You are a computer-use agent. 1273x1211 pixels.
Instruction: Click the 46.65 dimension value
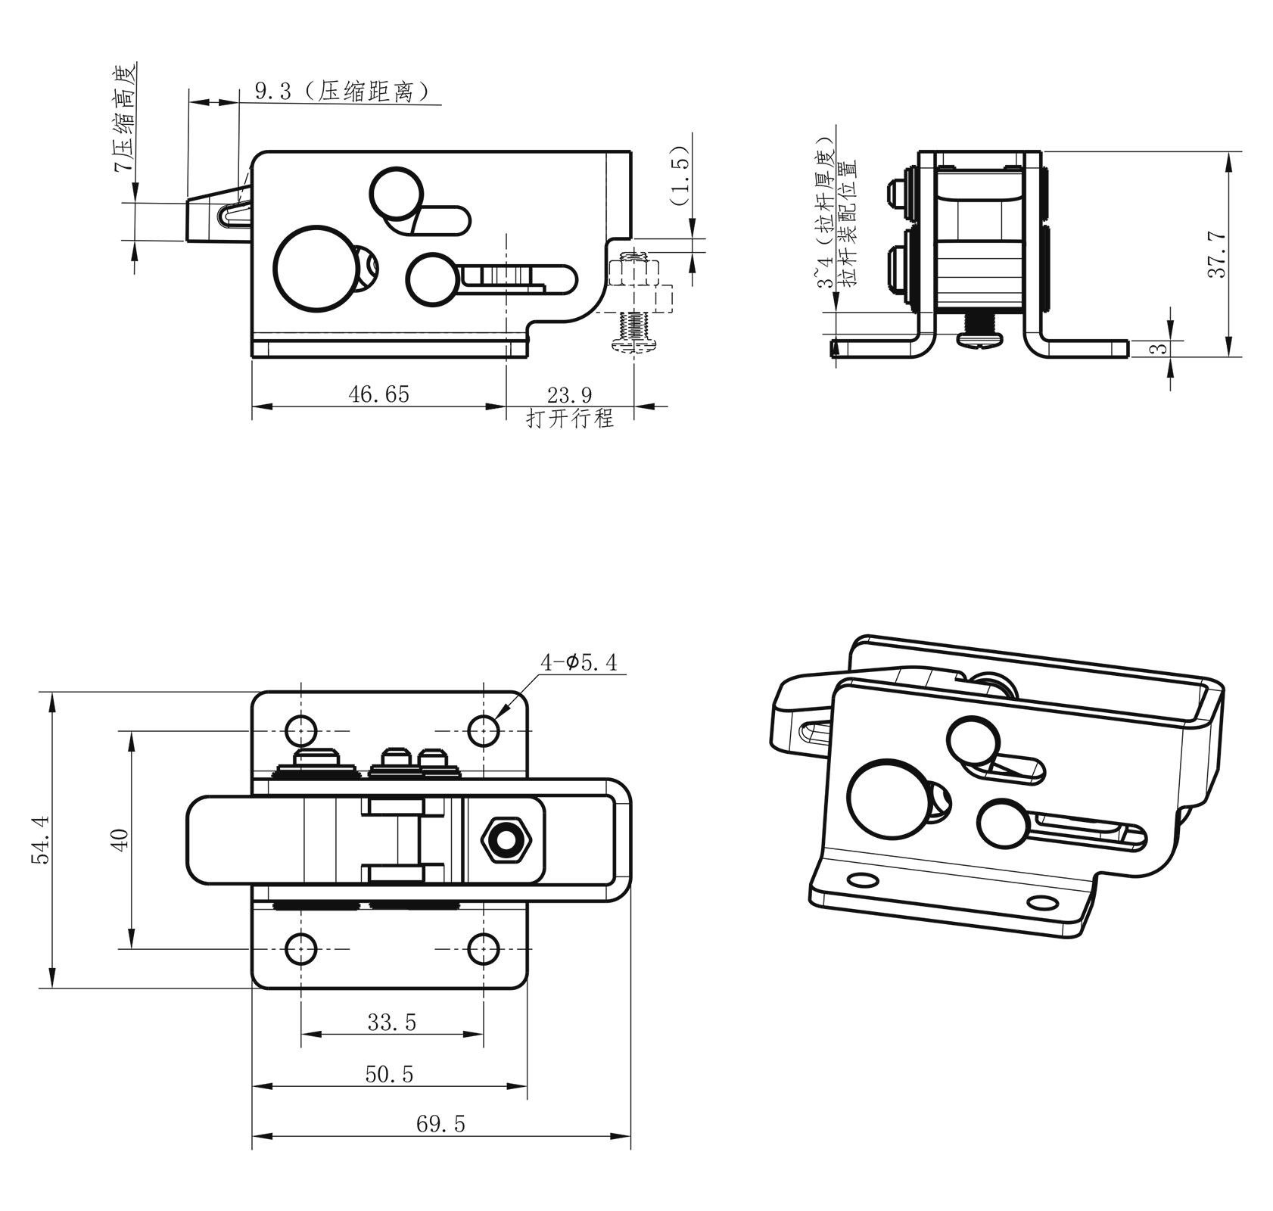tap(378, 394)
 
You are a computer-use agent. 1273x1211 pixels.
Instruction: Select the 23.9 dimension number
tap(569, 394)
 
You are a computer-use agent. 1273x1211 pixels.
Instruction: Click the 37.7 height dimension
tap(1216, 255)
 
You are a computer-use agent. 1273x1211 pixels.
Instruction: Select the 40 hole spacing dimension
tap(120, 839)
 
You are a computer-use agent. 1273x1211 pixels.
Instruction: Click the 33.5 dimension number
tap(391, 1023)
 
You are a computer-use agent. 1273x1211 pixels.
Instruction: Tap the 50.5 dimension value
tap(389, 1075)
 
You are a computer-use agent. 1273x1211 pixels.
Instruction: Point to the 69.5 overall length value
tap(440, 1124)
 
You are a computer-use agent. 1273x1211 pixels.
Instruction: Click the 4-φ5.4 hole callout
tap(578, 663)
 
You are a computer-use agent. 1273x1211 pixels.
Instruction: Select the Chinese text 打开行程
tap(570, 419)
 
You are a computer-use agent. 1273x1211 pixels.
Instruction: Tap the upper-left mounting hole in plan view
tap(301, 731)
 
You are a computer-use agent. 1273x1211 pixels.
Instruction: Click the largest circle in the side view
tap(313, 269)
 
